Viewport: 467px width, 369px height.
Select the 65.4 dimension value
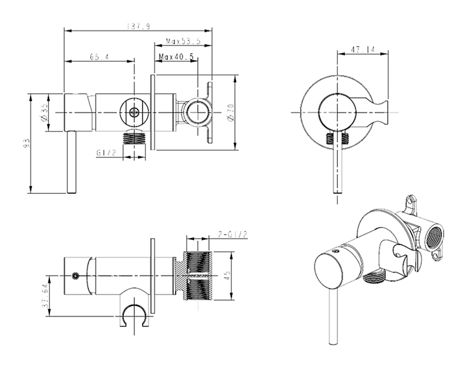click(99, 58)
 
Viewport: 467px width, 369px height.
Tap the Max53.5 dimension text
click(183, 41)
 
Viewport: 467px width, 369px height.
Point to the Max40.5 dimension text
click(177, 57)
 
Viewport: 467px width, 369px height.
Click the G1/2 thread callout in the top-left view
click(105, 153)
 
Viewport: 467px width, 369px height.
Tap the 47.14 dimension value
click(363, 49)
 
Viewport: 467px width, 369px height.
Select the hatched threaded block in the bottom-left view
click(200, 276)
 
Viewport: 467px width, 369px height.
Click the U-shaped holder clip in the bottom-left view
click(134, 314)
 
